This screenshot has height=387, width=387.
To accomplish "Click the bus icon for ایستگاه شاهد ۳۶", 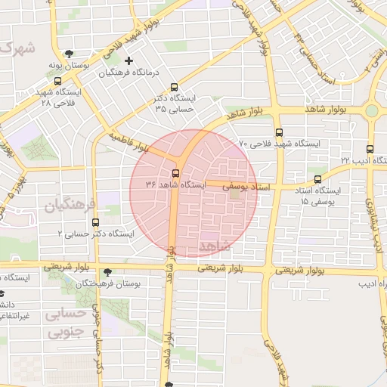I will pos(176,173).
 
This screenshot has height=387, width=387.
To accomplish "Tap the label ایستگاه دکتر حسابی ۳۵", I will pos(175,104).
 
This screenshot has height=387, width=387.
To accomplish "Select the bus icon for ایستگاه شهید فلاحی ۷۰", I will pos(279,132).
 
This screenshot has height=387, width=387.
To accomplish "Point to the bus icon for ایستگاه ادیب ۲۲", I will pos(370,149).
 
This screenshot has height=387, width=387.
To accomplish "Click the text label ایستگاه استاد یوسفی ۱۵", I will pos(320,197).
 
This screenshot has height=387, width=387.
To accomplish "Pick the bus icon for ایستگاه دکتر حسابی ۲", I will pos(95,222).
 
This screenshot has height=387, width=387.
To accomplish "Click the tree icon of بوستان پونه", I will pos(70,54).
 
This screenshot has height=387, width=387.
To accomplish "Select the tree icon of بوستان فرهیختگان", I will pos(105,271).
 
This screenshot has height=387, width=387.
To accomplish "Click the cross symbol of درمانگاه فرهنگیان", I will pos(128,60).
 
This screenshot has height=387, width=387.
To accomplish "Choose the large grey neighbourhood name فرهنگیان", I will pos(70,205).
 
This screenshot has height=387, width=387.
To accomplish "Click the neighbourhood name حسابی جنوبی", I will pos(67,323).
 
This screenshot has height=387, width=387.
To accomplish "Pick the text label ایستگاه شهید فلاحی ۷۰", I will pos(279,144).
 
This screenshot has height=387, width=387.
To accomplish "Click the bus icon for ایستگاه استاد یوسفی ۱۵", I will pos(317,180).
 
